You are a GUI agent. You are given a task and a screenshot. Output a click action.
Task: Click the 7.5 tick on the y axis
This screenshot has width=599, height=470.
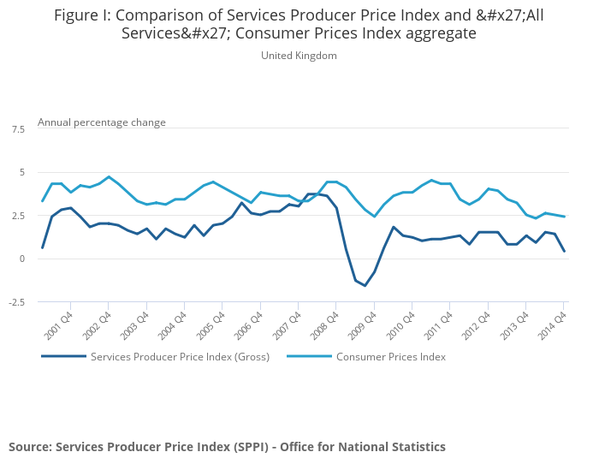18,129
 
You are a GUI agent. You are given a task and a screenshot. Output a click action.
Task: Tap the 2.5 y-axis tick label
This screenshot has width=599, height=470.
18,216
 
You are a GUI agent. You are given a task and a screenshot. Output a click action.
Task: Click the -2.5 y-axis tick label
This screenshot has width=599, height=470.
16,302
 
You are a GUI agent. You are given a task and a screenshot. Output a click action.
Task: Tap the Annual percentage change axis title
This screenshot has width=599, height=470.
102,122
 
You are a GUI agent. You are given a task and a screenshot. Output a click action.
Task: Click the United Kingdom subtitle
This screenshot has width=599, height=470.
299,56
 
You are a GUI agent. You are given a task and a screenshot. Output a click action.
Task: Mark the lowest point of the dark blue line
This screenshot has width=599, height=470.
365,286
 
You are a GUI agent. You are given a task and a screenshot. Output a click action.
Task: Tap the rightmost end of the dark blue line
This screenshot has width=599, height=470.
564,251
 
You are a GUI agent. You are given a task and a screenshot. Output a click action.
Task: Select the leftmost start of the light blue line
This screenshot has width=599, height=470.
43,201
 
